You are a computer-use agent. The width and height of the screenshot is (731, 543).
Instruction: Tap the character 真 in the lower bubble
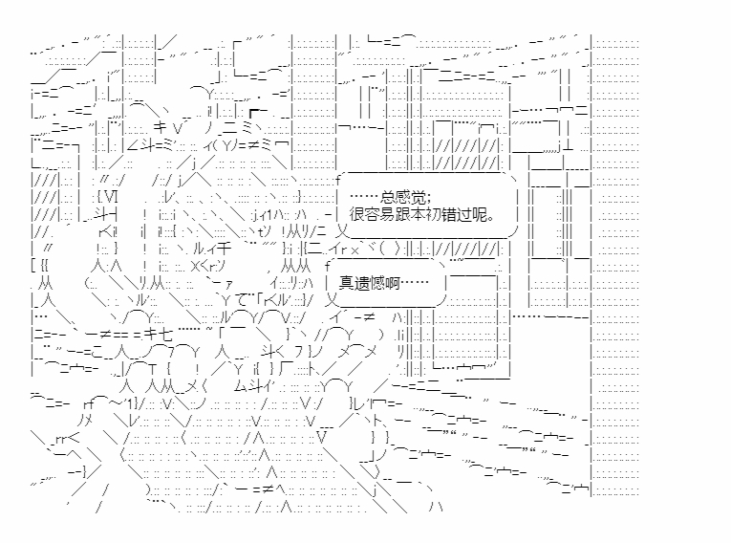[346, 281]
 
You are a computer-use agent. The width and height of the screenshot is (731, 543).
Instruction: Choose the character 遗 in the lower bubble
[361, 281]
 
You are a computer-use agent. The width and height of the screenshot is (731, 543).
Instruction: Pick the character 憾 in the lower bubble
[376, 281]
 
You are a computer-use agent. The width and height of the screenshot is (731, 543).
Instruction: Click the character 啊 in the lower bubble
[392, 281]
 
